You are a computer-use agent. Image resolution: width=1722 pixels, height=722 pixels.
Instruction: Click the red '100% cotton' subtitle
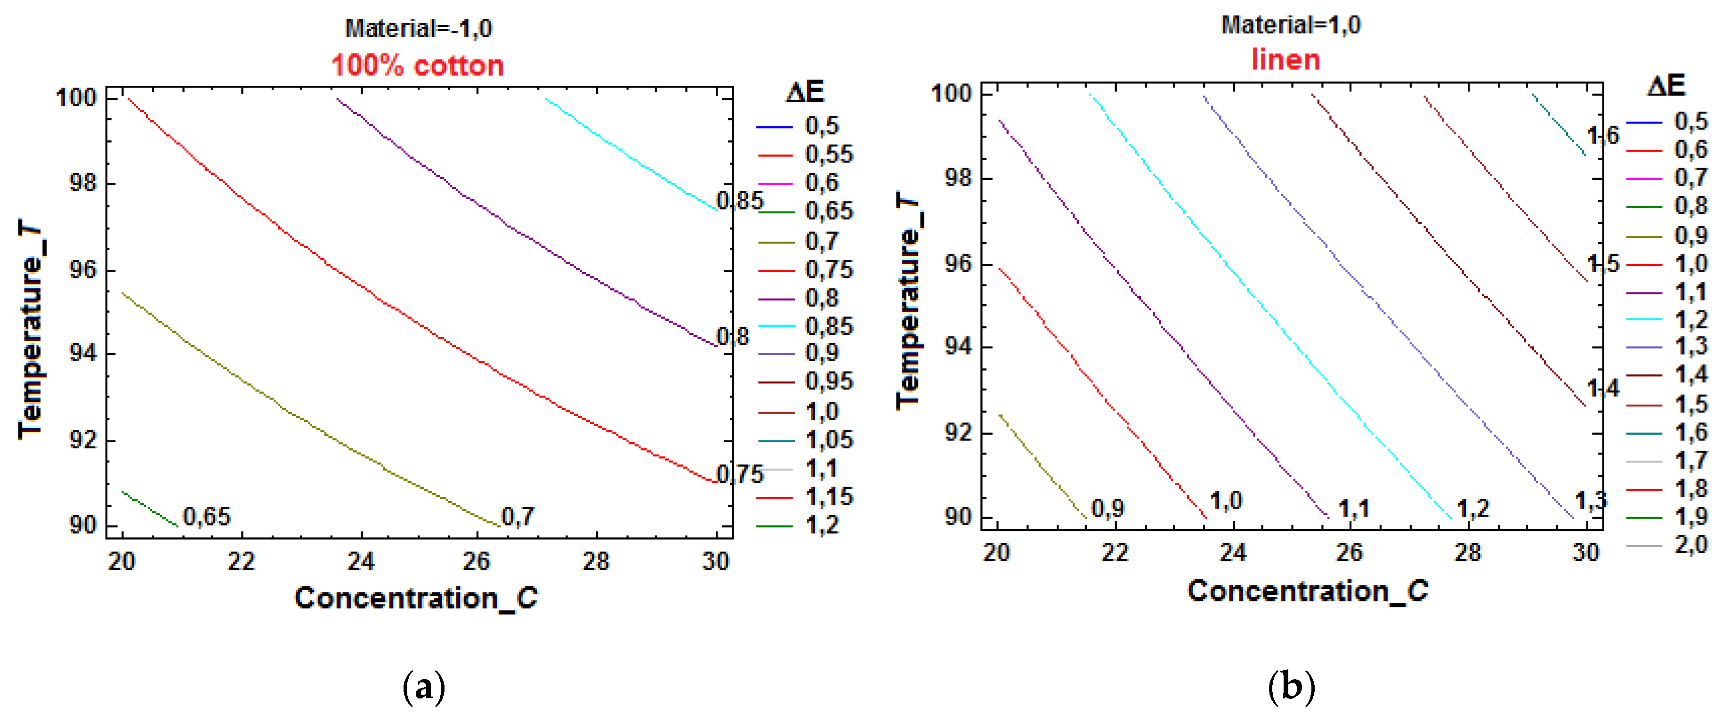[417, 65]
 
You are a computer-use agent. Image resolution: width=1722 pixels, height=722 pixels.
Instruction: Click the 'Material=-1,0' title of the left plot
[418, 29]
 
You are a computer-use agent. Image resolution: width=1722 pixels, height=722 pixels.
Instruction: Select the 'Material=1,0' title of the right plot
[1290, 25]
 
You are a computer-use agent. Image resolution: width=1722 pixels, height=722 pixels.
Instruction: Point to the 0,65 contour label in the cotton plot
[207, 517]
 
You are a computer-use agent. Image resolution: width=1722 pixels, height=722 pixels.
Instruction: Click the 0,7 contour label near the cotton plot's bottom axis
[517, 517]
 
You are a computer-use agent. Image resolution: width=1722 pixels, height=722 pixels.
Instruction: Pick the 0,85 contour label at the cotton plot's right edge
[739, 201]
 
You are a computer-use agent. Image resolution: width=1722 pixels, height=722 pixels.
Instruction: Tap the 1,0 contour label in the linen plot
[1226, 501]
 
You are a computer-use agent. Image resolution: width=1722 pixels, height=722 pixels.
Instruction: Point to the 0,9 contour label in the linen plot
[1108, 509]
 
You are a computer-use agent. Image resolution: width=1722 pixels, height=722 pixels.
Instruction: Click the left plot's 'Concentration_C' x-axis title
[416, 598]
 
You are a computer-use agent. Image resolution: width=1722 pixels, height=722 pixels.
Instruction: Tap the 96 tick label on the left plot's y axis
[83, 270]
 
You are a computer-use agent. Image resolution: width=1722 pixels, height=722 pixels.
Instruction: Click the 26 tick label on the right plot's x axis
[1349, 552]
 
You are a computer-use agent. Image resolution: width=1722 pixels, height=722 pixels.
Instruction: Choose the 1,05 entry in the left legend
[828, 440]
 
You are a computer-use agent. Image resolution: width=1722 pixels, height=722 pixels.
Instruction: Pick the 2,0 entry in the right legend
[1690, 545]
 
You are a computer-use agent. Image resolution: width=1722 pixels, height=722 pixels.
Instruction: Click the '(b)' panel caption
[1290, 687]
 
